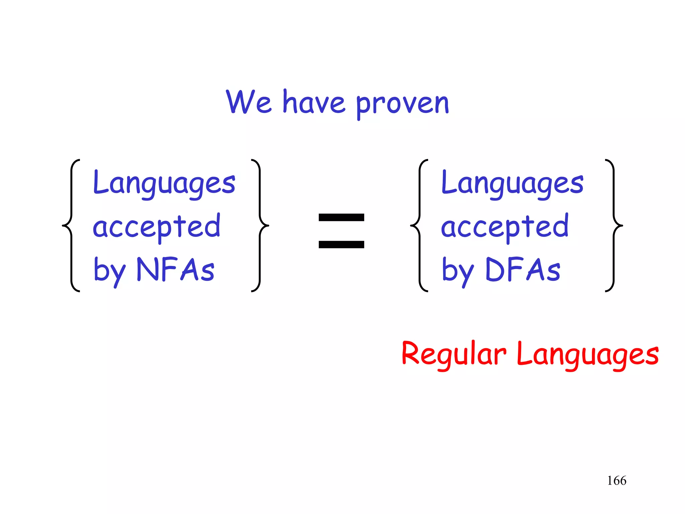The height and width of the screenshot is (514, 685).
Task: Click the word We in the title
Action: click(x=249, y=102)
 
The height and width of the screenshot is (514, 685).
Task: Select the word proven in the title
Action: click(x=402, y=104)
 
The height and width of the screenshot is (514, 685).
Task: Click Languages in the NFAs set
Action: click(x=164, y=183)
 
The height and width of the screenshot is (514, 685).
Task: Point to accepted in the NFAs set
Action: click(x=157, y=227)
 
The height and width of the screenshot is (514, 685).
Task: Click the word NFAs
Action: click(x=176, y=269)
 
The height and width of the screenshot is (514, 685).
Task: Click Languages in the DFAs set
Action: click(x=512, y=183)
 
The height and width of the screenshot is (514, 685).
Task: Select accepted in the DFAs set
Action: click(x=505, y=227)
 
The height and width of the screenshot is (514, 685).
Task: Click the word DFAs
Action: click(x=522, y=269)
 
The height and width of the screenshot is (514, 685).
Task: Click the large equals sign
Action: click(x=341, y=231)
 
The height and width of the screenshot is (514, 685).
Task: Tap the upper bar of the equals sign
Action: click(x=341, y=218)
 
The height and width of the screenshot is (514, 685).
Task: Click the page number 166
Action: click(x=616, y=481)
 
